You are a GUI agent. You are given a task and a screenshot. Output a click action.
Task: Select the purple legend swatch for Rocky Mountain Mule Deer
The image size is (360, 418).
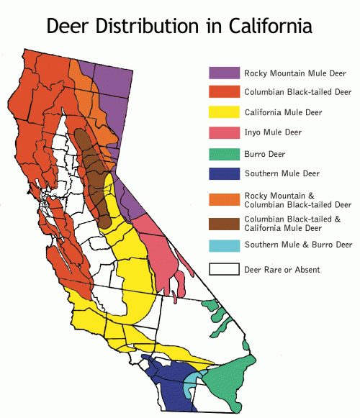click(x=223, y=73)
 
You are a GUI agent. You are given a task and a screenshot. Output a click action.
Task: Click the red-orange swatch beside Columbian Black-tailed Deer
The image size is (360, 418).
click(x=223, y=92)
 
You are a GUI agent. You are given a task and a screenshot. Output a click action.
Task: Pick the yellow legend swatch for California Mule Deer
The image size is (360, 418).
click(x=223, y=112)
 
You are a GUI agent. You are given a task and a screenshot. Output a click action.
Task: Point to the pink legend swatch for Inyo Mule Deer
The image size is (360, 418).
click(x=223, y=132)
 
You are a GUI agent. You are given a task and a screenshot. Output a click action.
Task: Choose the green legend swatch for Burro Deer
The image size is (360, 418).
click(x=223, y=153)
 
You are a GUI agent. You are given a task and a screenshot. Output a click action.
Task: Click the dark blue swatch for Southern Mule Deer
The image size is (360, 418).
click(x=223, y=173)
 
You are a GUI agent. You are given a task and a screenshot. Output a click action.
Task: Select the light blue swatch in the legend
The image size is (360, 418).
click(x=223, y=245)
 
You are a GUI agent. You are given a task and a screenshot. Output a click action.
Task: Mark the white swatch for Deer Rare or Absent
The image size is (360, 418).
click(x=223, y=270)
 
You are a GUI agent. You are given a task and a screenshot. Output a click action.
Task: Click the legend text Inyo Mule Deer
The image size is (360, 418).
click(x=272, y=132)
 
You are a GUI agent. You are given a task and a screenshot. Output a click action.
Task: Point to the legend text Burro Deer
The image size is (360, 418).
click(x=264, y=153)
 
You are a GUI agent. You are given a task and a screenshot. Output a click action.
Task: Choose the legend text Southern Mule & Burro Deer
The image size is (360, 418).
click(x=297, y=245)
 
